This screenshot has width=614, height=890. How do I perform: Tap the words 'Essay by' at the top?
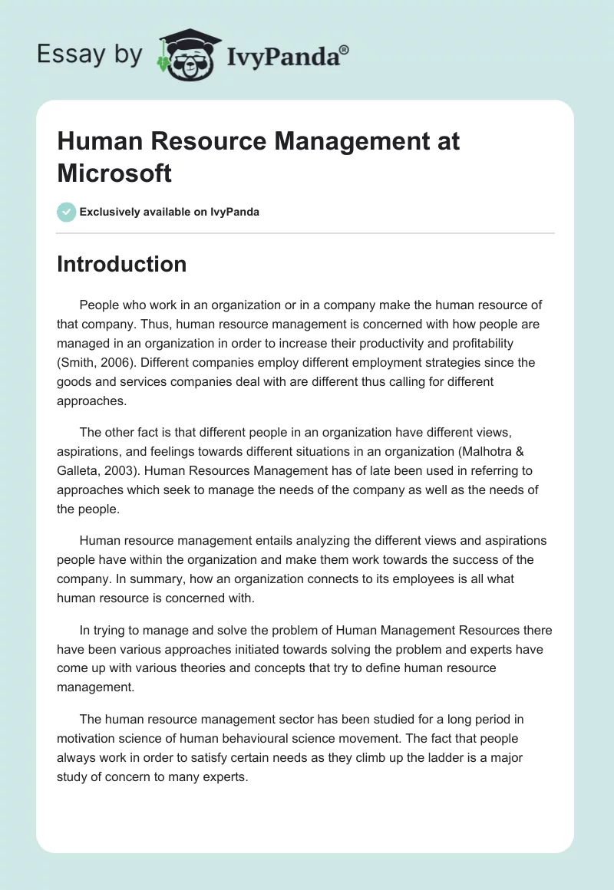(90, 55)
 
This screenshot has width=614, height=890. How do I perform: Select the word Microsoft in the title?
(114, 173)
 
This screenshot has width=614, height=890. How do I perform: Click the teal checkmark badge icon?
(67, 212)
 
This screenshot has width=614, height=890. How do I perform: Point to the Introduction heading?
(122, 264)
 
